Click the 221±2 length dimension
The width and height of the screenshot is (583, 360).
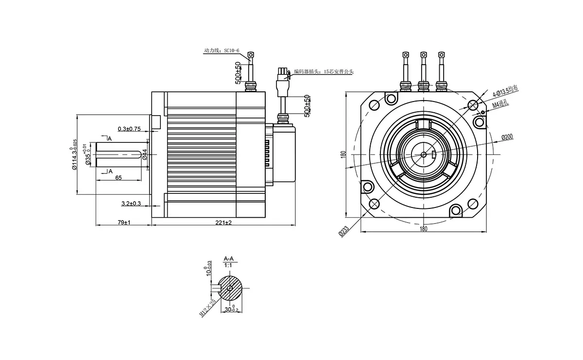click(x=224, y=222)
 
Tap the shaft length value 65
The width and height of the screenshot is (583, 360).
click(x=118, y=178)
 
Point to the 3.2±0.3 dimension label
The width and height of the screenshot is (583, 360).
click(x=131, y=203)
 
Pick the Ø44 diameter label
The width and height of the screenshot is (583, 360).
click(x=145, y=156)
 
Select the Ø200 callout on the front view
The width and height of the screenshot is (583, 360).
click(x=507, y=137)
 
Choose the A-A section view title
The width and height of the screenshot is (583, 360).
click(x=229, y=259)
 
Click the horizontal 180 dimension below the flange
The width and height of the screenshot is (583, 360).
click(x=423, y=228)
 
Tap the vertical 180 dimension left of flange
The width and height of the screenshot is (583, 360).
click(x=343, y=154)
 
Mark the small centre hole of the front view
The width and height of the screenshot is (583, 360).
click(x=423, y=154)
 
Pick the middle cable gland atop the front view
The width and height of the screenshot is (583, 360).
click(x=423, y=86)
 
